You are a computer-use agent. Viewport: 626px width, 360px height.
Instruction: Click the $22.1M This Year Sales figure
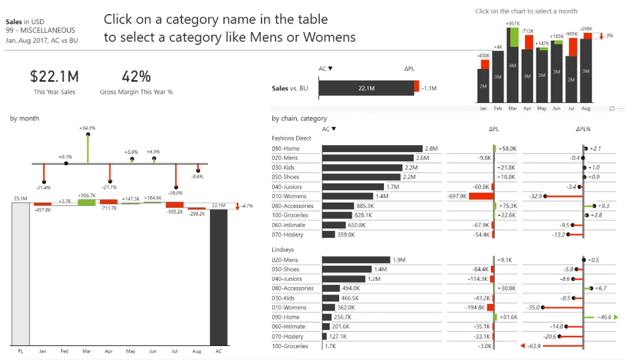click(54, 76)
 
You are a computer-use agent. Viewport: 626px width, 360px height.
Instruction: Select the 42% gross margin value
click(136, 76)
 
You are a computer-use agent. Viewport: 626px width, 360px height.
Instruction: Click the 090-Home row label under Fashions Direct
click(286, 149)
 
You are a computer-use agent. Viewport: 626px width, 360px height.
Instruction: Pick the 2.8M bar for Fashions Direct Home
click(372, 149)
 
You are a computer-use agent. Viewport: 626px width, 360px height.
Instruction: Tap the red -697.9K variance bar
click(480, 196)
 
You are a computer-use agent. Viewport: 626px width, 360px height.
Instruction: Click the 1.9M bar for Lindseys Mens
click(356, 260)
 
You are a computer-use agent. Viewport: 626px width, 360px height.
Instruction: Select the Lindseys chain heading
click(283, 250)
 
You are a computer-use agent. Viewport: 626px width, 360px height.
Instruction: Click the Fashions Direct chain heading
click(292, 138)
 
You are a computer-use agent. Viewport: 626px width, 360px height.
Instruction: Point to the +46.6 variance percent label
click(605, 317)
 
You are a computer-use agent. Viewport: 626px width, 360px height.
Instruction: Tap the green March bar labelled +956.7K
click(87, 201)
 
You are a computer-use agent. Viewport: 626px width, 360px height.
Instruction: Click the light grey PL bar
click(21, 274)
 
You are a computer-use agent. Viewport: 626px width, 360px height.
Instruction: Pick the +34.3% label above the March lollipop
click(87, 127)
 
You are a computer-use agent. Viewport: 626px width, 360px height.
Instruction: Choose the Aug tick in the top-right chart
click(586, 108)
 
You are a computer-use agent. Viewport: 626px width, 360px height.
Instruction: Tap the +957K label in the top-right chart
click(513, 23)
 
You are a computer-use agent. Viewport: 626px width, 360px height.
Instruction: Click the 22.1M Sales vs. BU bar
click(366, 88)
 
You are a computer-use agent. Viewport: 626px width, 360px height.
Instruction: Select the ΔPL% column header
click(583, 128)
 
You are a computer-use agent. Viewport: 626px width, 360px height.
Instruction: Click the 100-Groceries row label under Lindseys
click(290, 346)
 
